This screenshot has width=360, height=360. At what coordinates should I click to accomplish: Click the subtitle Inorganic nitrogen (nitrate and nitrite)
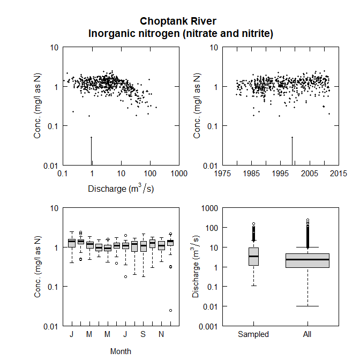tap(181, 34)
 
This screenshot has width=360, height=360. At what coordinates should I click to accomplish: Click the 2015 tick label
tap(338, 174)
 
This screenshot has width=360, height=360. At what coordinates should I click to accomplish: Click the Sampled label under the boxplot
tap(253, 334)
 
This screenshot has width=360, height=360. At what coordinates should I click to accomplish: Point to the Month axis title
tap(121, 351)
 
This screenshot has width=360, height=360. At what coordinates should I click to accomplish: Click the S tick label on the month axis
tap(144, 334)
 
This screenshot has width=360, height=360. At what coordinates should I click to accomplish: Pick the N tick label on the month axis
tap(161, 334)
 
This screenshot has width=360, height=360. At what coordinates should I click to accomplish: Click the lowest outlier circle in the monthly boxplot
tap(171, 310)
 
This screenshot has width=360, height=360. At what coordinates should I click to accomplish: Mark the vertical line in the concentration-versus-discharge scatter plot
tap(92, 151)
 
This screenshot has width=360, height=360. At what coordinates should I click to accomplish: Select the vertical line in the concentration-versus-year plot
tap(292, 151)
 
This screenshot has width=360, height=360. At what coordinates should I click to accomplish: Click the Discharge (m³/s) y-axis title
tap(196, 266)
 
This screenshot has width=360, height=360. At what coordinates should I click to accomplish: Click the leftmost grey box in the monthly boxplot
tap(72, 243)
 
